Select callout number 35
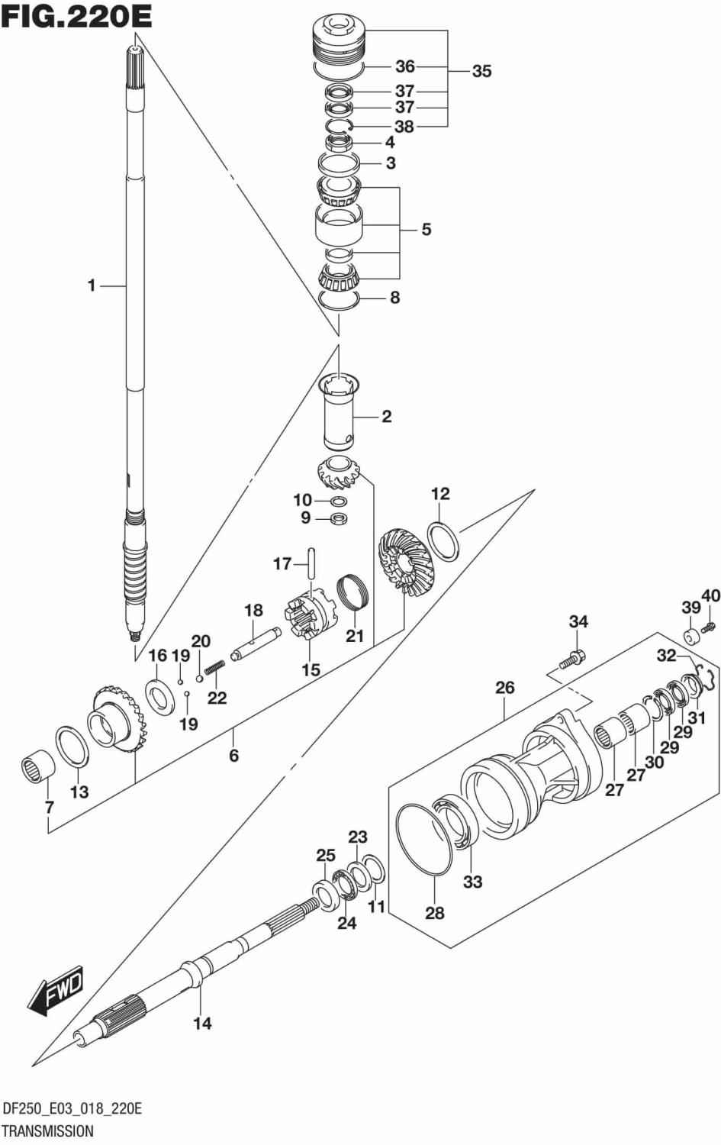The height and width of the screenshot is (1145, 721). click(x=481, y=71)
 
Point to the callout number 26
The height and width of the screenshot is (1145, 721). click(x=504, y=688)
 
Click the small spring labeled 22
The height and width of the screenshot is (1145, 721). click(x=214, y=667)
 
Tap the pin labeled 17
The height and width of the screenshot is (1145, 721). click(x=311, y=563)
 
